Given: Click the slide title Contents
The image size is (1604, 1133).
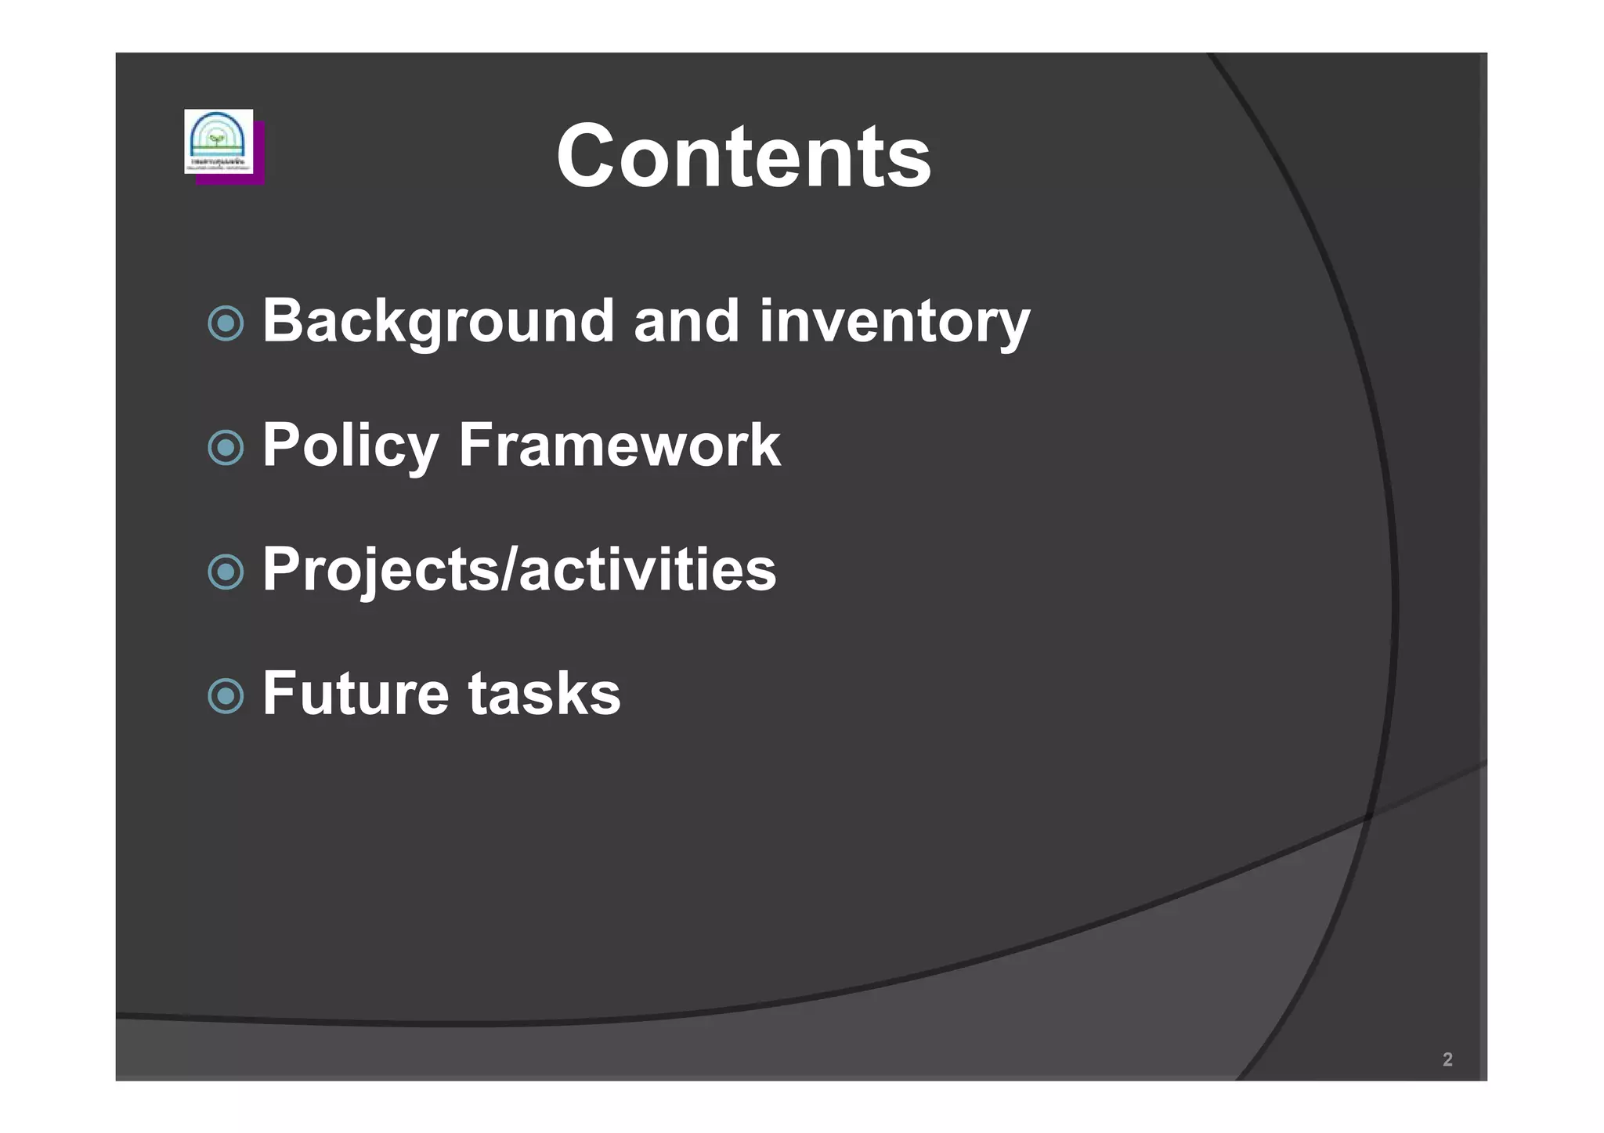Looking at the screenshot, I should [x=743, y=157].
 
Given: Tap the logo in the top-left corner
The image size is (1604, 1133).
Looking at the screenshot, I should [x=219, y=141].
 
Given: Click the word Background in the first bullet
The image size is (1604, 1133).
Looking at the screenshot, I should [x=438, y=321].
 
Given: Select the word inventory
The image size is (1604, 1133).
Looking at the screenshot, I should [x=894, y=321].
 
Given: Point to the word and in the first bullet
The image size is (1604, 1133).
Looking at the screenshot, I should [x=686, y=321].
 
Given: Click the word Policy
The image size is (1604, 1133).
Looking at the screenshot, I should [x=350, y=446].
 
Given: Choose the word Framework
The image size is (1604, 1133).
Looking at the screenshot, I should [x=619, y=446].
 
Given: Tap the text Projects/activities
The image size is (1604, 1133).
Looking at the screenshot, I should [x=519, y=569].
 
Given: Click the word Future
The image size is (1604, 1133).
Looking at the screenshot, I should [x=355, y=694].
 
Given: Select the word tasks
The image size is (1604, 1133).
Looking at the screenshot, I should [x=544, y=694].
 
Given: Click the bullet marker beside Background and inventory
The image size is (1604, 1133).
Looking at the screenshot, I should [x=226, y=323].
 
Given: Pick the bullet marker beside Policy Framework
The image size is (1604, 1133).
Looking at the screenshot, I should [x=226, y=448].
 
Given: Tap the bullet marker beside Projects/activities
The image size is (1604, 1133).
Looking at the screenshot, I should [x=226, y=572].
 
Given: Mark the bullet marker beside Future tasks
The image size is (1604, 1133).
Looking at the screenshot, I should [x=226, y=696].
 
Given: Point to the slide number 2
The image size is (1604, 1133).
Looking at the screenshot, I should [x=1447, y=1059].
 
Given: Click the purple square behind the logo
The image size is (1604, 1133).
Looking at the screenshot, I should [x=259, y=179].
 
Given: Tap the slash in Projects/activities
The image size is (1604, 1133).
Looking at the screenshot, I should [x=508, y=569].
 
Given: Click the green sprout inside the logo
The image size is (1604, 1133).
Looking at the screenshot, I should [x=217, y=139].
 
